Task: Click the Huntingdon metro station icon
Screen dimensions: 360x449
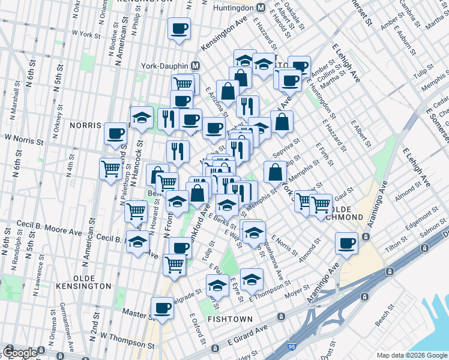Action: (x=261, y=8)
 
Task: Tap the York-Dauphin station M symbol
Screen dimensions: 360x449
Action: (x=196, y=65)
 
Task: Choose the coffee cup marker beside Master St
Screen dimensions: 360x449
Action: (x=162, y=307)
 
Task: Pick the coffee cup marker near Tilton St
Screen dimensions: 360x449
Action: (x=346, y=244)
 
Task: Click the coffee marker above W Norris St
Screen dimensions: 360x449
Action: (x=115, y=133)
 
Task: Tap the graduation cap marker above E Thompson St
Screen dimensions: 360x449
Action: (x=252, y=278)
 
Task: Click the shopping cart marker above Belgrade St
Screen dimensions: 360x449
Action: (x=174, y=262)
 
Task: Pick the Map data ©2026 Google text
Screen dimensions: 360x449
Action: (x=412, y=355)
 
